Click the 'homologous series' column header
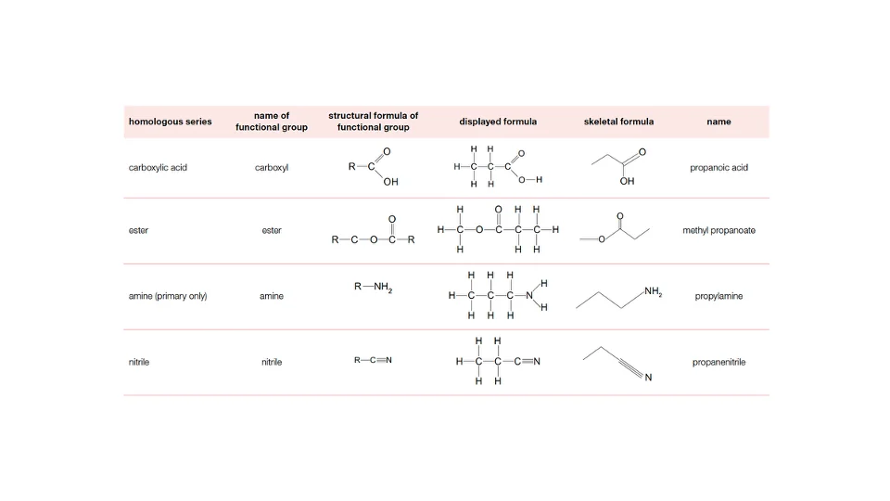(x=170, y=122)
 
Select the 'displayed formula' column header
(x=498, y=122)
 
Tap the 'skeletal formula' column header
(x=618, y=122)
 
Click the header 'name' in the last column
(x=718, y=122)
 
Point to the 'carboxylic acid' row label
(x=158, y=168)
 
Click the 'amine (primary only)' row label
(x=168, y=296)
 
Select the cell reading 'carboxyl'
(x=272, y=168)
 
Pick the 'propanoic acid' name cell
(x=718, y=168)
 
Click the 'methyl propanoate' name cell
(x=718, y=230)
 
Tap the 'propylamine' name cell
(x=718, y=296)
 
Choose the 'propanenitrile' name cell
(x=718, y=362)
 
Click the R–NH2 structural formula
(x=373, y=287)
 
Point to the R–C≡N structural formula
(x=373, y=360)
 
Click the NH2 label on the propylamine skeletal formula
(x=654, y=292)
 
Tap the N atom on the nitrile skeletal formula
(x=648, y=378)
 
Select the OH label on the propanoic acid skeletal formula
(x=627, y=181)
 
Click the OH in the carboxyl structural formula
(x=390, y=182)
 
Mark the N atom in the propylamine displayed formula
(x=529, y=295)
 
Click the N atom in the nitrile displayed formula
(x=537, y=361)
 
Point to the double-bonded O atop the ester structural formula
(x=391, y=219)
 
